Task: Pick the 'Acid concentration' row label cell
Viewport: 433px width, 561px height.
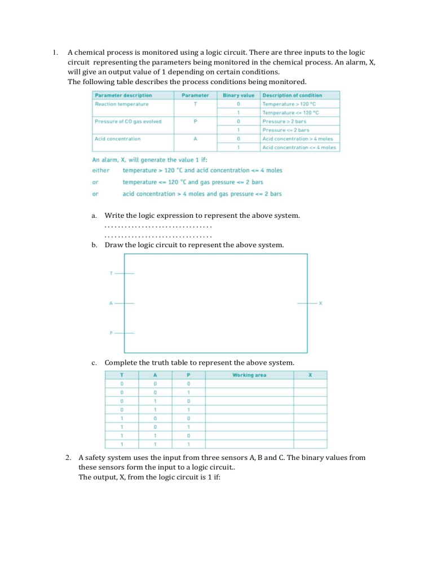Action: click(118, 138)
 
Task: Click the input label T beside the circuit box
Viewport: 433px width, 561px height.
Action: click(111, 273)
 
